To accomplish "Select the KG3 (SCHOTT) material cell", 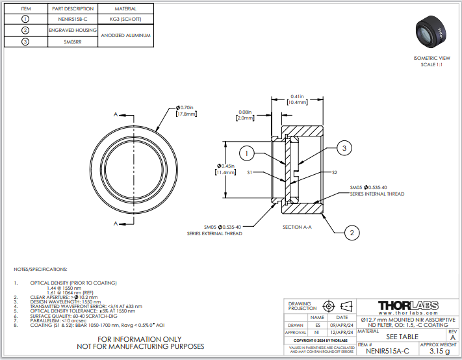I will click(x=125, y=19).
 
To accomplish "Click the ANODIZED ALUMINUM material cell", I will click(x=125, y=35).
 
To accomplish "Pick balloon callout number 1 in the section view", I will click(x=246, y=153).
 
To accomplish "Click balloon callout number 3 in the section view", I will click(x=346, y=149).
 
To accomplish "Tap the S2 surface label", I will click(x=335, y=172).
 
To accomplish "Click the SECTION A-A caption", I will click(x=298, y=227).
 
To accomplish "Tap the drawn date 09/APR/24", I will click(x=341, y=324).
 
